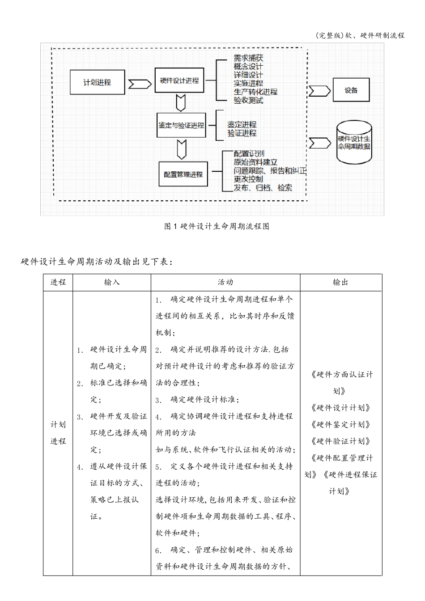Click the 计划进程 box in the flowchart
coord(97,82)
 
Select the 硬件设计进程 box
coord(179,80)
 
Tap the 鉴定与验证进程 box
coord(181,125)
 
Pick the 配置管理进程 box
coord(183,174)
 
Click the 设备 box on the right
coord(351,90)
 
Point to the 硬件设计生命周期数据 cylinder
coord(354,142)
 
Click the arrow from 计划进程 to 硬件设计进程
coord(139,84)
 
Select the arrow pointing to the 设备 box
coord(319,91)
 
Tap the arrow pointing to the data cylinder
coord(319,143)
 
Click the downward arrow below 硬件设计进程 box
coord(181,103)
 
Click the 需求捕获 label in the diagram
coord(248,58)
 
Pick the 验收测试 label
coord(248,101)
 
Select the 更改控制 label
coord(248,179)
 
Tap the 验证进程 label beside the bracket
coord(242,133)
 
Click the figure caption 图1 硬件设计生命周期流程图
coord(217,226)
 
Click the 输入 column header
coord(112,282)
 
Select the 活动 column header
coord(225,282)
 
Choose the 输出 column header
coord(340,282)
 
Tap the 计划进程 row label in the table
coord(58,433)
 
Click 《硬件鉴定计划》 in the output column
coord(340,424)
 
